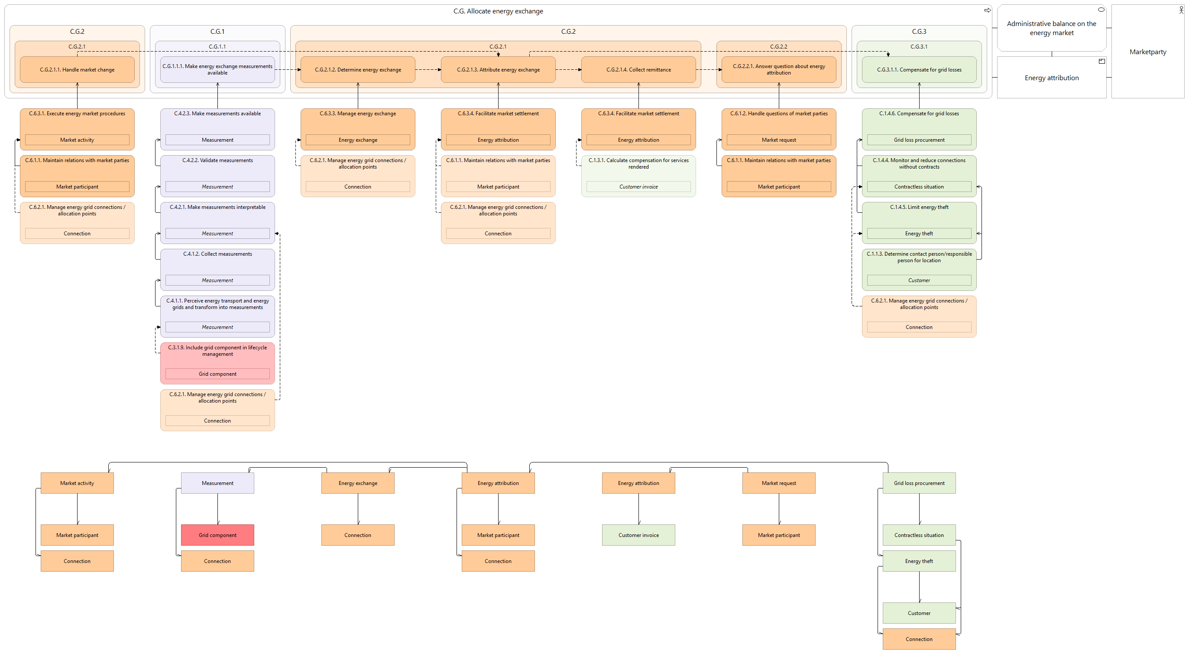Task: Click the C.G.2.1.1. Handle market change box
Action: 77,70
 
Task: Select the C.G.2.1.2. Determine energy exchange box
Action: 358,70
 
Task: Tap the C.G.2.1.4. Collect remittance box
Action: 638,70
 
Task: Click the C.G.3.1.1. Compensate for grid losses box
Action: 919,70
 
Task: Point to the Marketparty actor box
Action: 1147,51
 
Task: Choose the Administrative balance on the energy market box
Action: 1051,28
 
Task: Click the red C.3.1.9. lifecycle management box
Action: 217,363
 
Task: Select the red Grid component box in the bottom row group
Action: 217,535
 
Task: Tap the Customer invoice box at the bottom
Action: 638,535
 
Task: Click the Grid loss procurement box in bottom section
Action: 919,483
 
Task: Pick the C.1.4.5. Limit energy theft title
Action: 919,207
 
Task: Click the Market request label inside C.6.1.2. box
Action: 779,140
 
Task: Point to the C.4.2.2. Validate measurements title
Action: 217,160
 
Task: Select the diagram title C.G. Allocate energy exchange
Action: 498,11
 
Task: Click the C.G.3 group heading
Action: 919,31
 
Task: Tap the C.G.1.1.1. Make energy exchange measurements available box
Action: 217,70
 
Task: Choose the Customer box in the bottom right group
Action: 919,613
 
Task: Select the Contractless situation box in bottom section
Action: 919,535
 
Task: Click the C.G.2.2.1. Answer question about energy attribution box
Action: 779,70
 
